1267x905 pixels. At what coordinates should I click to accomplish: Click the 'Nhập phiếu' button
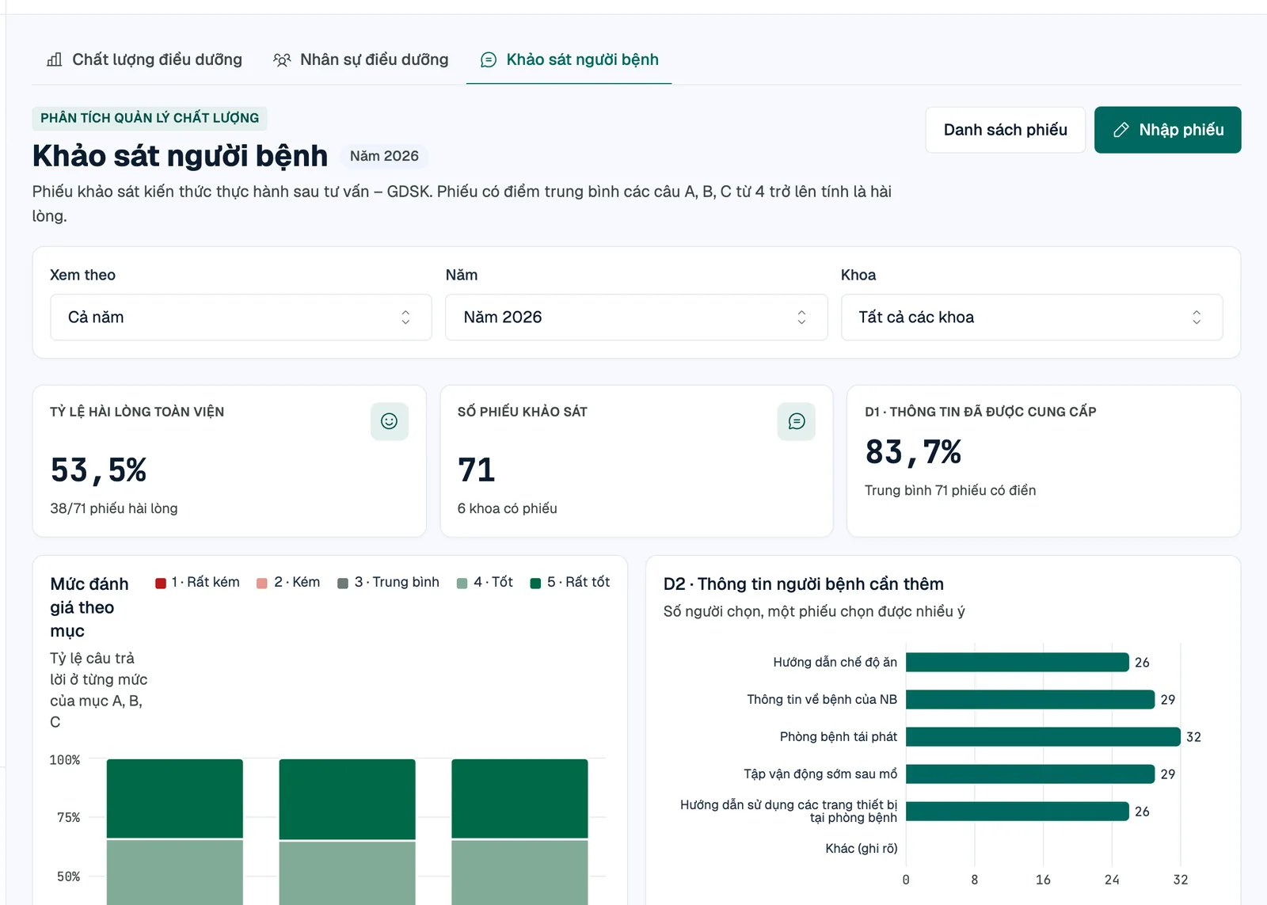pos(1167,130)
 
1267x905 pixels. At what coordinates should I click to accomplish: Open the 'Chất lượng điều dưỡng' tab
pos(144,59)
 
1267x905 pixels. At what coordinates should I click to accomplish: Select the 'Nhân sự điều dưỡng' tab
pos(360,59)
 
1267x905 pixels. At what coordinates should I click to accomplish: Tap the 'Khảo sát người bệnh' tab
pos(569,59)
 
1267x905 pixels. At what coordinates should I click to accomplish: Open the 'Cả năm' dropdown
pos(241,318)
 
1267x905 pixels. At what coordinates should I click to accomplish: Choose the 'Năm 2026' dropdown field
pos(637,318)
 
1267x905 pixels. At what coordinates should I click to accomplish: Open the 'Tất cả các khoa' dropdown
pos(1032,318)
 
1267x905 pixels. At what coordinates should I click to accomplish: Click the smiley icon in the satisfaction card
pos(389,421)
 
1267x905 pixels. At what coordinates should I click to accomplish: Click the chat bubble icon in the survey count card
pos(797,421)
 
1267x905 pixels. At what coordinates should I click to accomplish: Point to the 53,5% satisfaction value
pos(98,470)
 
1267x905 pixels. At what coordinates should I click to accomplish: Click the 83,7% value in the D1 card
pos(913,452)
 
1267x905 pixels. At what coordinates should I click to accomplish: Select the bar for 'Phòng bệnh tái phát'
pos(1043,736)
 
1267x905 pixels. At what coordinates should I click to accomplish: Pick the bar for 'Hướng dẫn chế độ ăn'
pos(1018,662)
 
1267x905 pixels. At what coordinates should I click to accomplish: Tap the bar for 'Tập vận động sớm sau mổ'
pos(1030,774)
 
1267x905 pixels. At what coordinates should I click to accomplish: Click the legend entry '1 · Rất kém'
pos(197,582)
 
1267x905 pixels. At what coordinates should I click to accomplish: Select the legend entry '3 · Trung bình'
pos(388,582)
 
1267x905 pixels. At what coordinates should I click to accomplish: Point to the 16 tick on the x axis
pos(1043,880)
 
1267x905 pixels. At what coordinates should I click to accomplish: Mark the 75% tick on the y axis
pos(68,817)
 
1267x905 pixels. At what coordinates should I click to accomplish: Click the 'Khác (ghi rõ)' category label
pos(861,849)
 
